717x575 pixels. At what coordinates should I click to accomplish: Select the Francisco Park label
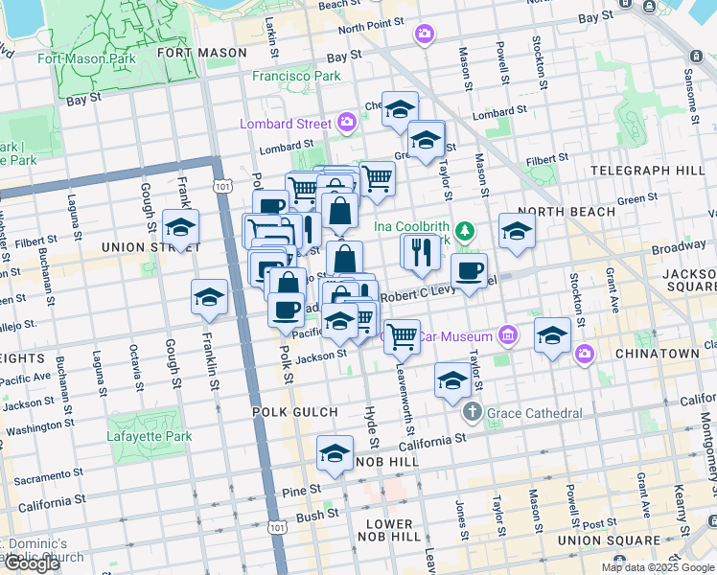pyautogui.click(x=296, y=76)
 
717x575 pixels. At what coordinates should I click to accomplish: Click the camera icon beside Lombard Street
pyautogui.click(x=347, y=123)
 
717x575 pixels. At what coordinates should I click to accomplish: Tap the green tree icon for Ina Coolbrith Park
pyautogui.click(x=465, y=230)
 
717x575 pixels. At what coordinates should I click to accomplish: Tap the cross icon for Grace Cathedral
pyautogui.click(x=472, y=413)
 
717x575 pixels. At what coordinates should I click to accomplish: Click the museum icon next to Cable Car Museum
pyautogui.click(x=507, y=335)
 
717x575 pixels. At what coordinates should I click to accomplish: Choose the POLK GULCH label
pyautogui.click(x=294, y=412)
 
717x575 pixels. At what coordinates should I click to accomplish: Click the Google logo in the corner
pyautogui.click(x=31, y=564)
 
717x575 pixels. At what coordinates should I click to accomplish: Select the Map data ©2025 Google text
pyautogui.click(x=658, y=567)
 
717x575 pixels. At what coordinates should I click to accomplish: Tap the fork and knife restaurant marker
pyautogui.click(x=420, y=252)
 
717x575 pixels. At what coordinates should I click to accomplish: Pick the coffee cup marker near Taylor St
pyautogui.click(x=469, y=271)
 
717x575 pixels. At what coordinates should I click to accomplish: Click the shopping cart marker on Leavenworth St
pyautogui.click(x=403, y=335)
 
